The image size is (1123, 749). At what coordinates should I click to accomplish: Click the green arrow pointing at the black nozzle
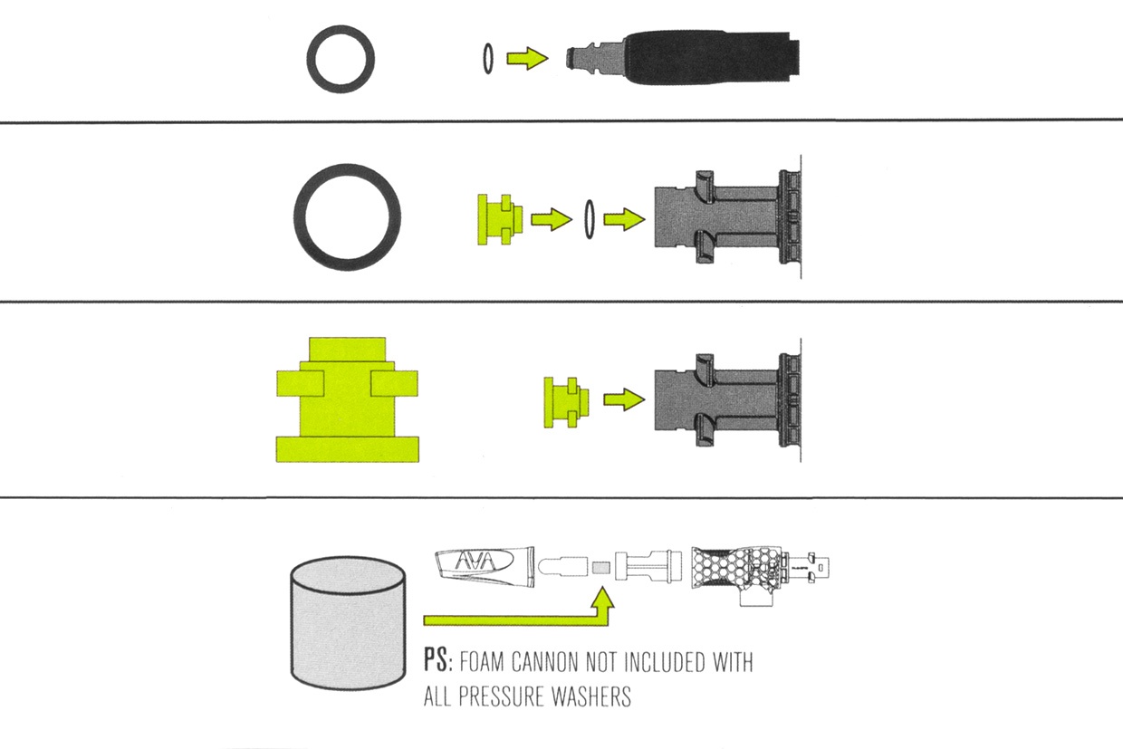527,58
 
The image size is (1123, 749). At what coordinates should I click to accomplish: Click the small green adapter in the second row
500,219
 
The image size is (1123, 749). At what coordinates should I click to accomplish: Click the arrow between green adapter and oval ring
552,219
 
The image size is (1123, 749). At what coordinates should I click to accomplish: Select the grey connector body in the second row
727,217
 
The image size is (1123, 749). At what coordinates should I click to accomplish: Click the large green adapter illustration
348,399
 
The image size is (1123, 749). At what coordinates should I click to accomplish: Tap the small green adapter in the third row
567,402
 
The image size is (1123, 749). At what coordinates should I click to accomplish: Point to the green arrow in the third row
624,399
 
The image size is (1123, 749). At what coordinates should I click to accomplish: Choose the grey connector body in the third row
727,400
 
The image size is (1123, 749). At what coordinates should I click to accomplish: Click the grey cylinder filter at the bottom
348,623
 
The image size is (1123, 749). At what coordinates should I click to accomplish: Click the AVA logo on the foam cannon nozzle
475,561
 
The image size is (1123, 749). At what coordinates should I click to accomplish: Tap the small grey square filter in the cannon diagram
601,568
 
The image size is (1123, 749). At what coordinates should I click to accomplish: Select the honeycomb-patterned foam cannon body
737,570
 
